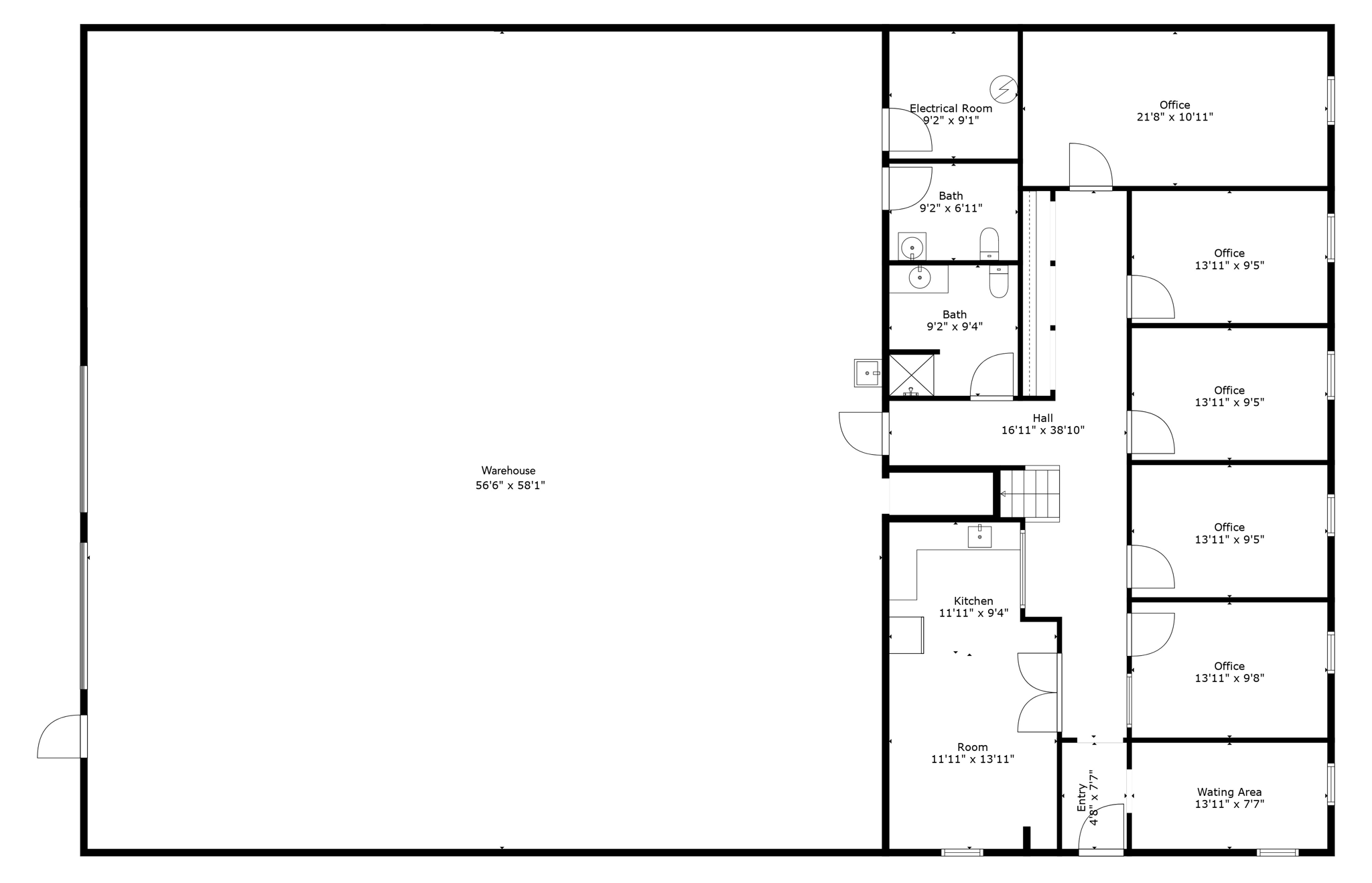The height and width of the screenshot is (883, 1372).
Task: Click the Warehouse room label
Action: pos(508,471)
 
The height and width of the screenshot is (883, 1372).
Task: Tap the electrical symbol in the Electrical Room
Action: pos(1004,89)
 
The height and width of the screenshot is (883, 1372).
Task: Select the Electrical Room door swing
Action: pos(908,130)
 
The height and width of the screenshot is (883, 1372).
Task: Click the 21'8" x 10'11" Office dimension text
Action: pos(1174,117)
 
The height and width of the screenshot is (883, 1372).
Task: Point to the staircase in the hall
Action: pos(1030,494)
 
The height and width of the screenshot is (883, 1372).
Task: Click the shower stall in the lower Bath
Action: pos(911,375)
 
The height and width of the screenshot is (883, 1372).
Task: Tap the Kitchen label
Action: pos(973,601)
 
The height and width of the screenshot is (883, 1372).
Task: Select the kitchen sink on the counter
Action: pos(979,537)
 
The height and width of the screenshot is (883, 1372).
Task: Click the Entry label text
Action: pos(1082,797)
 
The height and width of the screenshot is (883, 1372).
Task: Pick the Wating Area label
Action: pos(1229,792)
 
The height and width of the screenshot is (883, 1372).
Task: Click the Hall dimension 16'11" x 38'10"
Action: pos(1042,430)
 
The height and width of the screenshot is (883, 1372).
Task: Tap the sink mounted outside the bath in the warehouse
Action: pos(868,373)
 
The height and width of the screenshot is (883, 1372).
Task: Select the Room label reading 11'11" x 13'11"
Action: pos(973,753)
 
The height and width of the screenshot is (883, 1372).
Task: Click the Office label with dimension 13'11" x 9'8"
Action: pos(1229,672)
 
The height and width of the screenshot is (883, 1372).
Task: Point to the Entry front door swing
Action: pos(1101,828)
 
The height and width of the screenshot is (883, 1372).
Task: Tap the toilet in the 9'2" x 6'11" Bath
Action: pos(989,244)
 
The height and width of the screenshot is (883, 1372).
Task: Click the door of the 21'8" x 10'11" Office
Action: pos(1090,165)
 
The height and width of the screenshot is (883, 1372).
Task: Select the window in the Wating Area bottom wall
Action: pos(1277,852)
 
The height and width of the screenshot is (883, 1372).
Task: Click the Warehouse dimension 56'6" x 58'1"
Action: pos(510,486)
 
